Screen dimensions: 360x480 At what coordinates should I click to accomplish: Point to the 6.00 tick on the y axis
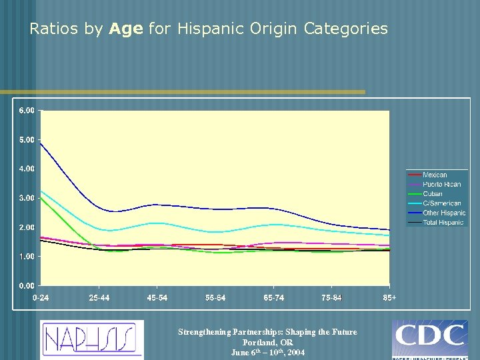(x=27, y=111)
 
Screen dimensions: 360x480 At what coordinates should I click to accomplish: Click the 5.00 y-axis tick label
(x=27, y=140)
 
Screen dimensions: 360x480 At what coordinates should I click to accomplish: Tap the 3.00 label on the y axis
(x=27, y=198)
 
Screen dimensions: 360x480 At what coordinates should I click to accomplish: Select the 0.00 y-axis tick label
(x=27, y=286)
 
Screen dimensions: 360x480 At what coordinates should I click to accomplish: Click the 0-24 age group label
(x=41, y=298)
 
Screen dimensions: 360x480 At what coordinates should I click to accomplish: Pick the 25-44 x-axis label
(x=99, y=298)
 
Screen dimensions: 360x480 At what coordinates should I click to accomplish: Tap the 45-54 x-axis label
(x=157, y=298)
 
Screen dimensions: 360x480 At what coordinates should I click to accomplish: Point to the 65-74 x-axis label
(x=273, y=298)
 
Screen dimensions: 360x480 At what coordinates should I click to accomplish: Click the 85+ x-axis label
(x=389, y=298)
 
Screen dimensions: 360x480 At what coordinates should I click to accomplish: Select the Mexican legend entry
(x=435, y=175)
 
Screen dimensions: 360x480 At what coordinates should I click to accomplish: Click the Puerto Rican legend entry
(x=441, y=184)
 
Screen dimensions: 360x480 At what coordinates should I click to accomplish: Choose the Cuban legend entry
(x=433, y=194)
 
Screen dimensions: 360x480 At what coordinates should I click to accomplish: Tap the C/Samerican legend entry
(x=441, y=203)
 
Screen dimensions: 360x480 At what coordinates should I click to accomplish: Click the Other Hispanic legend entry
(x=444, y=213)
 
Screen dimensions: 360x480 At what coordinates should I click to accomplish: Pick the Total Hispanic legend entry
(x=443, y=223)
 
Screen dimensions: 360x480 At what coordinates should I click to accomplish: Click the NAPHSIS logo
(x=91, y=339)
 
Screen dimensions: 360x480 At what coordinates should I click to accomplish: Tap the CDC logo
(x=429, y=339)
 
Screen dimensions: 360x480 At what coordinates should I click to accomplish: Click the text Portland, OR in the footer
(x=267, y=342)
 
